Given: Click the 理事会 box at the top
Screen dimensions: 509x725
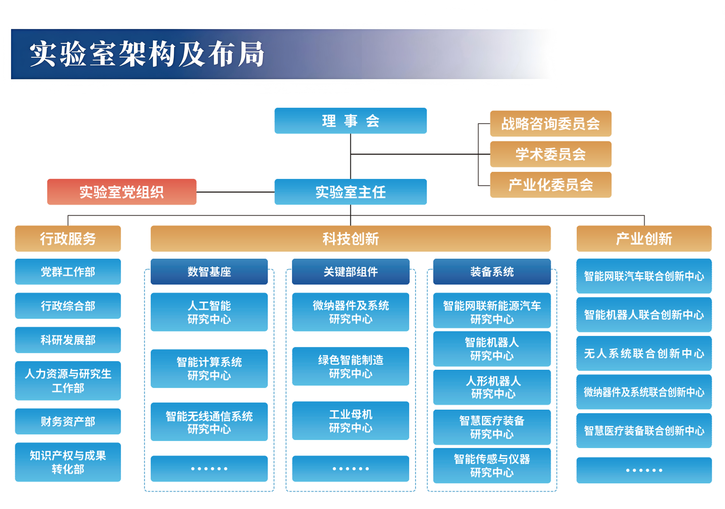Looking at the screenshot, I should pos(350,121).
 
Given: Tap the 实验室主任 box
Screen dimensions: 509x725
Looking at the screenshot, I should pos(350,192).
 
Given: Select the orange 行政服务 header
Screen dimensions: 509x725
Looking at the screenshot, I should pos(68,238).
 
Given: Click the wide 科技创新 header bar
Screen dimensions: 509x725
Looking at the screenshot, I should pos(350,238).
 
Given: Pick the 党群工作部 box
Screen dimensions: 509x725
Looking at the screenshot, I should pos(68,272).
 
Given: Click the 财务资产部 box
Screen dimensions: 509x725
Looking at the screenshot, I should pos(68,421).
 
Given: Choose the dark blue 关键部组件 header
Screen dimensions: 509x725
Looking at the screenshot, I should pos(350,272).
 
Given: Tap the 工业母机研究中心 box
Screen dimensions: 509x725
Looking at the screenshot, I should pos(350,421).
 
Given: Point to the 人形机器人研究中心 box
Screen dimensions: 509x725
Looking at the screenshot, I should pos(492,387).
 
